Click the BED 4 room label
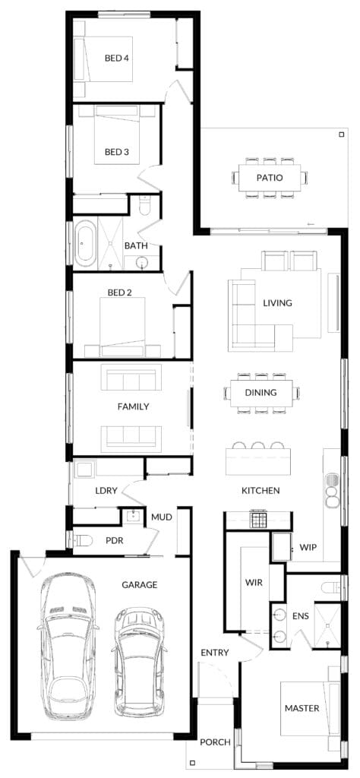[x=116, y=58]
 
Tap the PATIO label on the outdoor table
[x=270, y=177]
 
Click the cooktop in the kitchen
[x=258, y=520]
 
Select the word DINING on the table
[x=261, y=393]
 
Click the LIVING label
[x=278, y=302]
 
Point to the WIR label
[x=254, y=583]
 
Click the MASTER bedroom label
[x=302, y=708]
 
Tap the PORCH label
[x=215, y=742]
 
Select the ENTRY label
[x=215, y=653]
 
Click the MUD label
[x=162, y=517]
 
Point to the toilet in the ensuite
[x=331, y=588]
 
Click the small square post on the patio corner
[x=341, y=134]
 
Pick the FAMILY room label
[x=133, y=406]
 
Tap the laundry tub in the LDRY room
[x=83, y=470]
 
